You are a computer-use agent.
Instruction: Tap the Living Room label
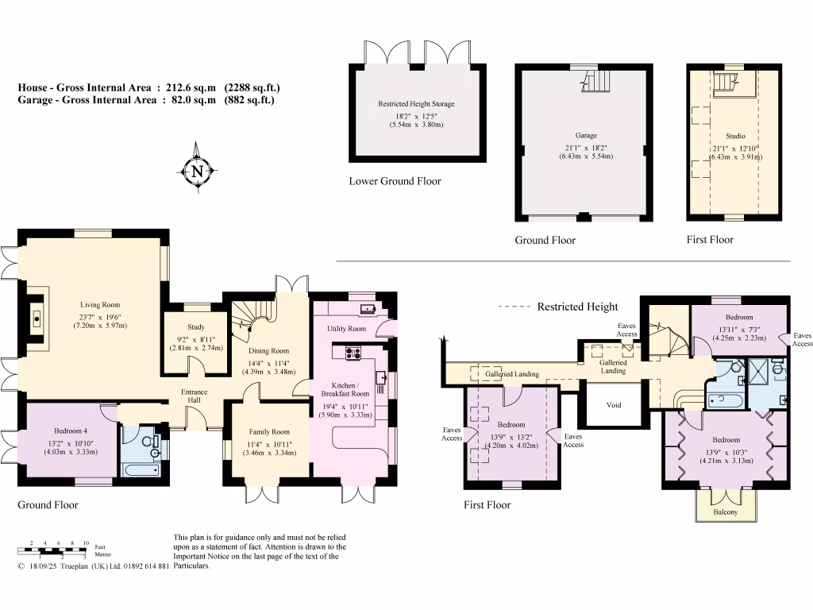click(99, 304)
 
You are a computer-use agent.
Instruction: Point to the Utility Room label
click(346, 328)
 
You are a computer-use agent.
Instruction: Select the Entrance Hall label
click(194, 396)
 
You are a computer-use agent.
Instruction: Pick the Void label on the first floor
click(613, 405)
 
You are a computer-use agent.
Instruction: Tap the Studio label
click(736, 136)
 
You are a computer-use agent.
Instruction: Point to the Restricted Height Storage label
click(416, 104)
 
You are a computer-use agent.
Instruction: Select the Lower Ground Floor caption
click(395, 181)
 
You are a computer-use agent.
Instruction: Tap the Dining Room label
click(267, 350)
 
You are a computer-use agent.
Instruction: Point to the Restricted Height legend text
click(577, 307)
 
